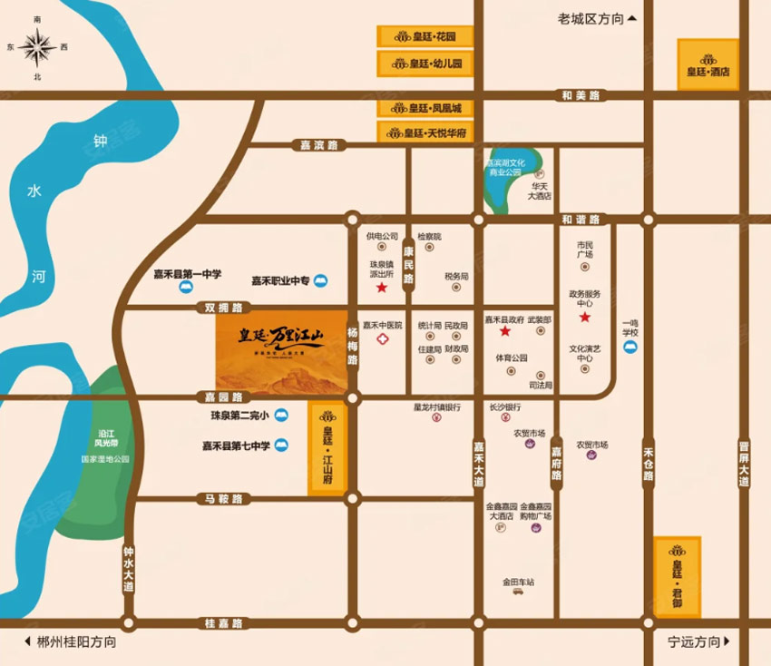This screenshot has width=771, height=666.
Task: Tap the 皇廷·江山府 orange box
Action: [x=327, y=448]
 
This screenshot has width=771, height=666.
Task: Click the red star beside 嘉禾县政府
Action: [x=504, y=332]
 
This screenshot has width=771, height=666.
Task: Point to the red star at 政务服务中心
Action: [x=585, y=318]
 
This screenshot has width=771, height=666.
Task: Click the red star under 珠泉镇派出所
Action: [x=382, y=289]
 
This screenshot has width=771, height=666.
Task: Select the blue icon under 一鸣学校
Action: [x=630, y=347]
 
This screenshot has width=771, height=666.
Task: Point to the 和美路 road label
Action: [x=581, y=94]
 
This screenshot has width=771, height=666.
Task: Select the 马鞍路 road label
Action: [x=222, y=499]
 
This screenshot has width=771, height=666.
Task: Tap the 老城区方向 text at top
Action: [x=592, y=17]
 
